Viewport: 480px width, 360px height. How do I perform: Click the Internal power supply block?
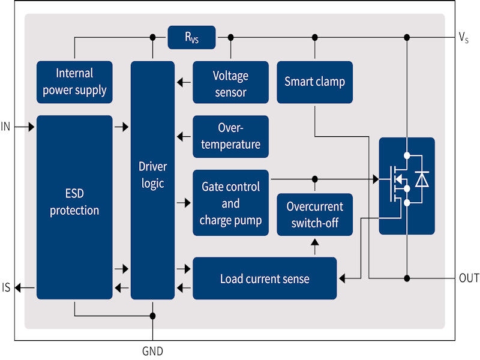[x=74, y=82]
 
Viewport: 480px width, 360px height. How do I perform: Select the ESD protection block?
[x=74, y=207]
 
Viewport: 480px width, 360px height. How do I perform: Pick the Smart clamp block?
[x=314, y=82]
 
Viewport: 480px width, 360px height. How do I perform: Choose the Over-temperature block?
[x=230, y=136]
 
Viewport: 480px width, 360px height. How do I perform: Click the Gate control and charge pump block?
[x=230, y=203]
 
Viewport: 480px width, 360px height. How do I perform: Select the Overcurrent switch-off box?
[x=314, y=214]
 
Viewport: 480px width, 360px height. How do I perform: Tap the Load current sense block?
[x=264, y=278]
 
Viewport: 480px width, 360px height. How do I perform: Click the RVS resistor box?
[x=191, y=37]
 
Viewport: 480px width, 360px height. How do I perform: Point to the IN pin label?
[x=6, y=127]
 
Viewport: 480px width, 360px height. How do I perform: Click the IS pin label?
[x=6, y=288]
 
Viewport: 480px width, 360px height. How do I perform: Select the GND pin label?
[x=152, y=351]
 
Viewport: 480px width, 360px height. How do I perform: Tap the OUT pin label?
[x=469, y=278]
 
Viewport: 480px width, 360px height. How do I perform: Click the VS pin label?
[x=463, y=38]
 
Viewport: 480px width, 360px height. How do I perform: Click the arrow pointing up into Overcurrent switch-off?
[x=314, y=244]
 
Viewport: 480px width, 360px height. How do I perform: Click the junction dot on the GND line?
[x=152, y=316]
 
